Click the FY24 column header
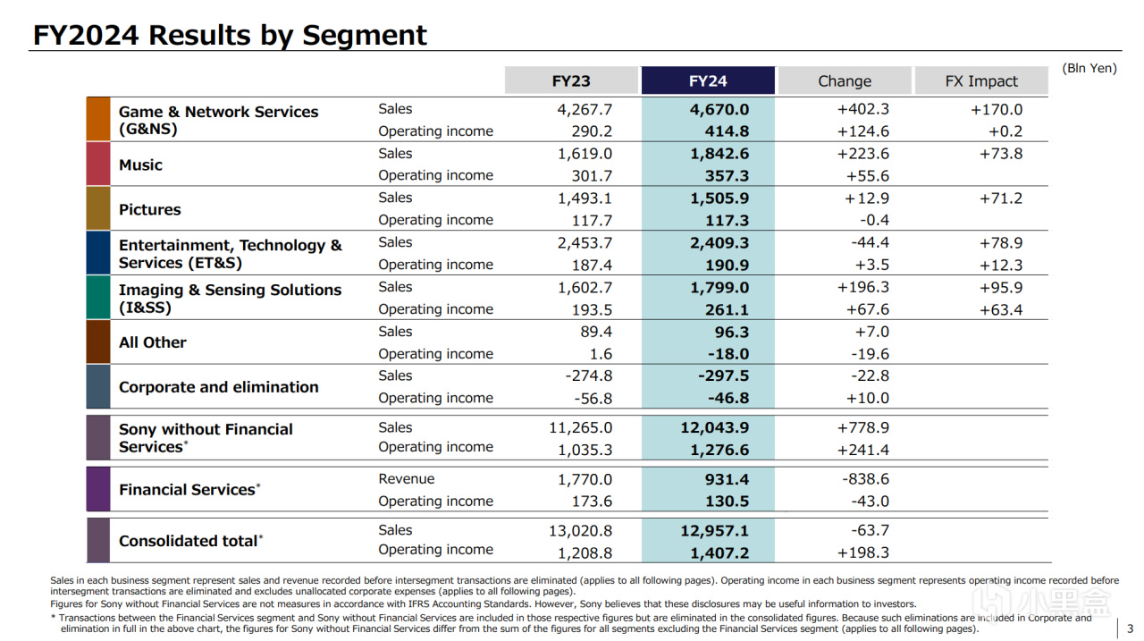pyautogui.click(x=708, y=80)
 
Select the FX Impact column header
pyautogui.click(x=981, y=80)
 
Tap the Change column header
pyautogui.click(x=845, y=80)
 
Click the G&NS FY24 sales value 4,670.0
pyautogui.click(x=719, y=109)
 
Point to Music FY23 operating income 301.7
pyautogui.click(x=592, y=176)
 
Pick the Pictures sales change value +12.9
pyautogui.click(x=866, y=198)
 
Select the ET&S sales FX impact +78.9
pyautogui.click(x=1000, y=242)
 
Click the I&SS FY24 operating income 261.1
pyautogui.click(x=727, y=309)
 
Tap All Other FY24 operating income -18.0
pyautogui.click(x=728, y=354)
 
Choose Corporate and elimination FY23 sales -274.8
pyautogui.click(x=588, y=375)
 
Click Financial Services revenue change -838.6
pyautogui.click(x=866, y=479)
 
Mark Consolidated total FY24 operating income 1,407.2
pyautogui.click(x=719, y=552)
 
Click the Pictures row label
pyautogui.click(x=149, y=209)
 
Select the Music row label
pyautogui.click(x=140, y=165)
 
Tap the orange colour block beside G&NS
pyautogui.click(x=98, y=119)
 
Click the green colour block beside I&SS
pyautogui.click(x=98, y=298)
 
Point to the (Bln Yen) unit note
pyautogui.click(x=1089, y=68)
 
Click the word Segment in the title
pyautogui.click(x=364, y=36)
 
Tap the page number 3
pyautogui.click(x=1130, y=628)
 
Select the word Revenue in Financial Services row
pyautogui.click(x=406, y=478)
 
